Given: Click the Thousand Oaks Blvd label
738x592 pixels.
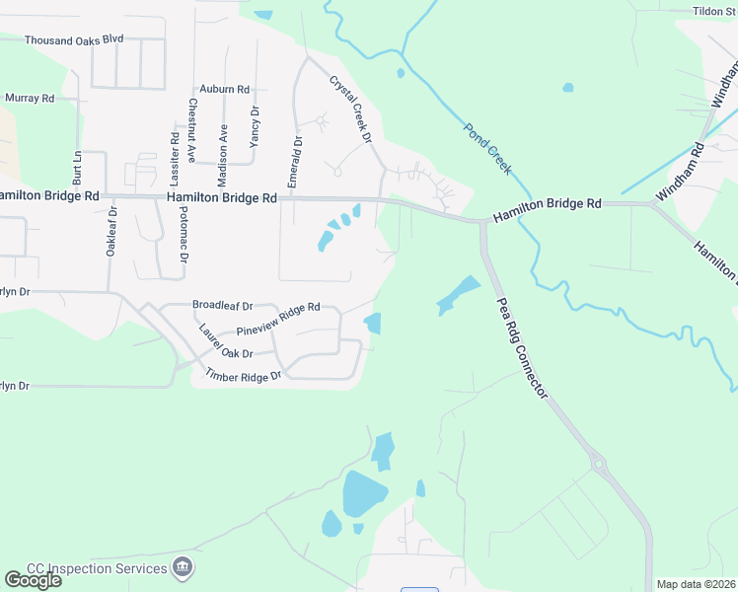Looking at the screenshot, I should (74, 40).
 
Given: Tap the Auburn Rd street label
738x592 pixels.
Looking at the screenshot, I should (224, 89).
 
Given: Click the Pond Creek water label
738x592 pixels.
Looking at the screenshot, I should (487, 149).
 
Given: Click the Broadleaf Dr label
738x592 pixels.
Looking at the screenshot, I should (223, 306).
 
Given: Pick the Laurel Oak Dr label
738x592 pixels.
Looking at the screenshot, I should (226, 341).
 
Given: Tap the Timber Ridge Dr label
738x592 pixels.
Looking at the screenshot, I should (243, 375).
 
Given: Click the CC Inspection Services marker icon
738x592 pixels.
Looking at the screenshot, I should (183, 568).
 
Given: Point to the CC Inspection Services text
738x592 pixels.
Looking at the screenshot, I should (97, 568).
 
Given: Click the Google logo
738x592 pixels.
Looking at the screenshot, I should (32, 580).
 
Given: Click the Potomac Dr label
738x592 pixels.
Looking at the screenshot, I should (184, 240).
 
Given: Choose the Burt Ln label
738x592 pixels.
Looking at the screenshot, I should (76, 169).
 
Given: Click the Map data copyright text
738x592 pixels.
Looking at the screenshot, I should (697, 584).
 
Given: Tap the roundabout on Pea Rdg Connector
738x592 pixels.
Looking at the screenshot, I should (596, 462).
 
